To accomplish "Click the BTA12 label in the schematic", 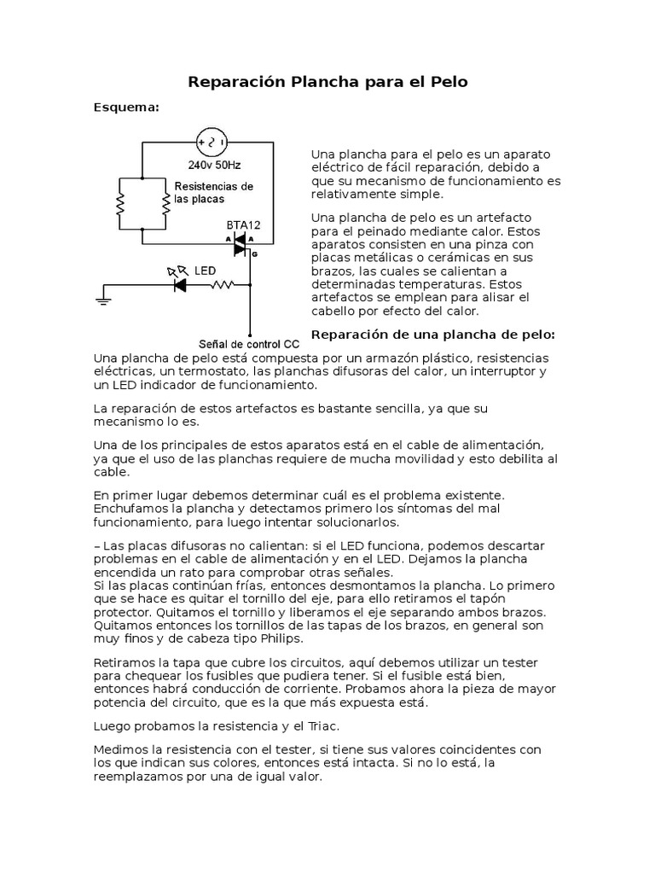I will pyautogui.click(x=243, y=224).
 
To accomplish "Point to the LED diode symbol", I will pyautogui.click(x=180, y=285).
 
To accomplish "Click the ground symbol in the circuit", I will pyautogui.click(x=103, y=300).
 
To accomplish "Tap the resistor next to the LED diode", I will pyautogui.click(x=223, y=285).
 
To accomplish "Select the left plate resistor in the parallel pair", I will pyautogui.click(x=121, y=203).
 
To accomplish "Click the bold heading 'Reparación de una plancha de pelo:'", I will pyautogui.click(x=433, y=333).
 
